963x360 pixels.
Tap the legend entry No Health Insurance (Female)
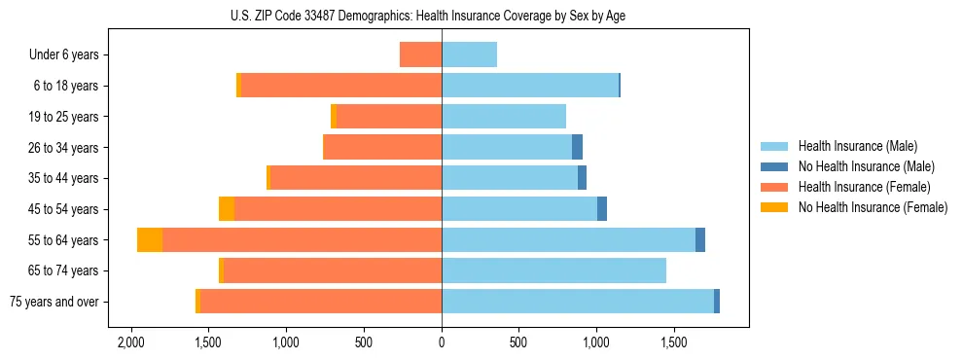(x=873, y=207)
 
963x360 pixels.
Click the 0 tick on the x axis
(x=442, y=343)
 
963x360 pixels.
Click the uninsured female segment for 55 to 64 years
(x=150, y=240)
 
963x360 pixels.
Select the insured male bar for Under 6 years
(x=469, y=55)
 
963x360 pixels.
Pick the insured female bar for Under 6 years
(x=420, y=55)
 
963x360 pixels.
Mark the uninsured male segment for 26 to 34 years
(x=577, y=148)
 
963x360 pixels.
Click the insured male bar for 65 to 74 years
(x=553, y=270)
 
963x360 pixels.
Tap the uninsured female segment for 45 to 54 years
(x=227, y=209)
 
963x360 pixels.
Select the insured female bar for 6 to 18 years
(x=341, y=86)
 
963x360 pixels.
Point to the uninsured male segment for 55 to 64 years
(x=700, y=240)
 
